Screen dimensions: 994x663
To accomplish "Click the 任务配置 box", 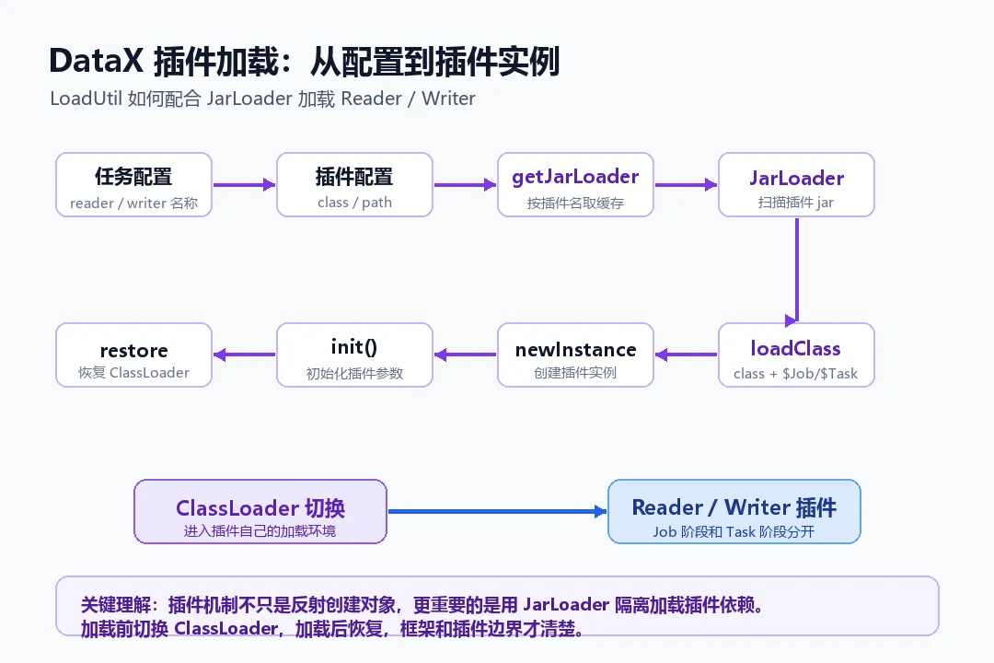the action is pyautogui.click(x=133, y=184).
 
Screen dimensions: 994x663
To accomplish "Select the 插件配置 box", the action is pyautogui.click(x=354, y=184).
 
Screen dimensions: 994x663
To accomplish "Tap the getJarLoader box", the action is pyautogui.click(x=575, y=184).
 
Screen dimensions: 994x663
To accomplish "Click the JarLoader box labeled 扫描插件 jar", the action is pyautogui.click(x=796, y=184).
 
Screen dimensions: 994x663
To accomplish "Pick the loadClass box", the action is pyautogui.click(x=796, y=355).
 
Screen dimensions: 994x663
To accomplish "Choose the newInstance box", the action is pyautogui.click(x=575, y=355).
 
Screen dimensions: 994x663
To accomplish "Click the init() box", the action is pyautogui.click(x=354, y=355).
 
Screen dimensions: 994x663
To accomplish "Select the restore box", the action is pyautogui.click(x=133, y=355).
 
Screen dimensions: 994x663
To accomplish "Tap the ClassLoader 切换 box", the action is pyautogui.click(x=260, y=511).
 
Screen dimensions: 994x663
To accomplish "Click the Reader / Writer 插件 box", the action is pyautogui.click(x=734, y=511).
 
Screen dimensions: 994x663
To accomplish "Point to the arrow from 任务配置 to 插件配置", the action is pyautogui.click(x=244, y=184).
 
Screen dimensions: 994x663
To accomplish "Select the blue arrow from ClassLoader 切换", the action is pyautogui.click(x=498, y=511).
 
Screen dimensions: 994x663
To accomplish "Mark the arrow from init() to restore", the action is pyautogui.click(x=245, y=355).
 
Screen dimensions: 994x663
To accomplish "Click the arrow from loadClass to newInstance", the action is pyautogui.click(x=686, y=355).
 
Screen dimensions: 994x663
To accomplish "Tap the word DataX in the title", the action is pyautogui.click(x=97, y=62).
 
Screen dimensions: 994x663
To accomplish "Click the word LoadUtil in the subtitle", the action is pyautogui.click(x=86, y=99).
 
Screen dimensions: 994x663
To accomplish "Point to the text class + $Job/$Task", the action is pyautogui.click(x=795, y=374).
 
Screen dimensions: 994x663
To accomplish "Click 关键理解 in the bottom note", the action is pyautogui.click(x=116, y=605).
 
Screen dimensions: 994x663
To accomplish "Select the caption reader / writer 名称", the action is pyautogui.click(x=133, y=203).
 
